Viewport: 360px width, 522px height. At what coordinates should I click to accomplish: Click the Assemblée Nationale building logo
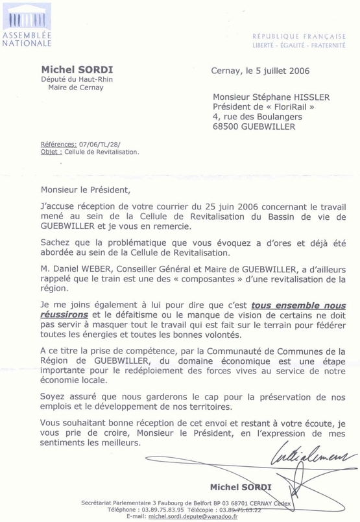(25, 18)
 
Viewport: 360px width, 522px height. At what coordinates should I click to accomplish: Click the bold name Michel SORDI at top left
(73, 69)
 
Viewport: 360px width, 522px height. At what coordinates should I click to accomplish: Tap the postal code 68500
(228, 127)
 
